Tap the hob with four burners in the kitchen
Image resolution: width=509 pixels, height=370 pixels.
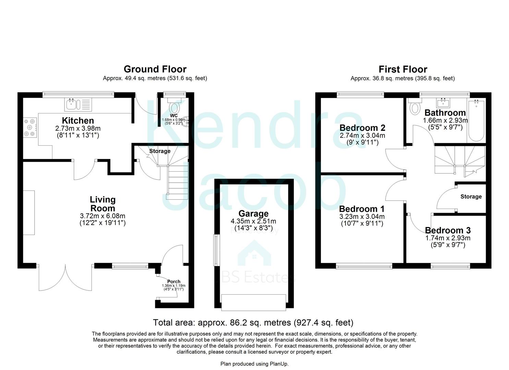point(30,127)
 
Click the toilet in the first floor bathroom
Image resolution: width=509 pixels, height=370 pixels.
point(415,108)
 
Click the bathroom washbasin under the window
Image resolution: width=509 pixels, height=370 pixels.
point(444,102)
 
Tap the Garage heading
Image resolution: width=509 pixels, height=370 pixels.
point(253,214)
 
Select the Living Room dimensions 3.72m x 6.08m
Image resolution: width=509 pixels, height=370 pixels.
point(102,216)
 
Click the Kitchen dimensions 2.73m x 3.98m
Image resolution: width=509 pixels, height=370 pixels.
point(78,128)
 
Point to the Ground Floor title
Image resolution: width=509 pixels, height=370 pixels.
point(155,69)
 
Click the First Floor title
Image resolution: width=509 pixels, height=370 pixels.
point(403,69)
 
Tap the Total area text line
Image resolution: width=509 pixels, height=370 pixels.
point(253,322)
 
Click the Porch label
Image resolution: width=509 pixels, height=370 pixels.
point(174,282)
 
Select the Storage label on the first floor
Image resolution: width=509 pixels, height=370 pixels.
point(471,197)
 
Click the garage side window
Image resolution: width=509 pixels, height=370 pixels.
point(216,250)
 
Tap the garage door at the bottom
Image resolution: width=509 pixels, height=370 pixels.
point(254,303)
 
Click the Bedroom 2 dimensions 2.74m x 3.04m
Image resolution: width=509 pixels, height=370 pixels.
point(362,136)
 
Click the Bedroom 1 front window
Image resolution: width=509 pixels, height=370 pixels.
point(364,266)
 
